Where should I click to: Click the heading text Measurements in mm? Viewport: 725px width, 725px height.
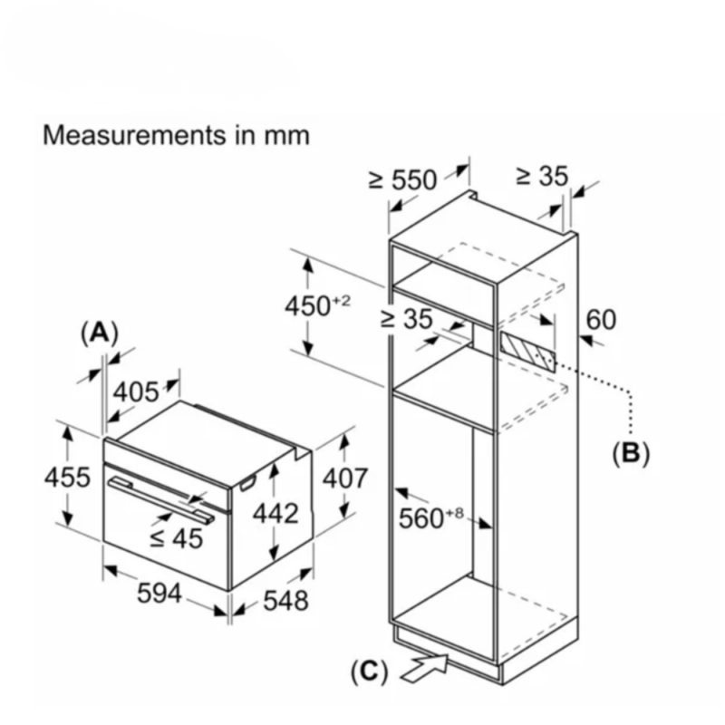[x=177, y=135]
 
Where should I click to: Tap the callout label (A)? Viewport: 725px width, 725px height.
[x=99, y=333]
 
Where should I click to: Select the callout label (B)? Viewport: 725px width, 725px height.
[x=631, y=452]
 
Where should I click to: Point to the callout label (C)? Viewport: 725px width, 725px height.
[x=368, y=672]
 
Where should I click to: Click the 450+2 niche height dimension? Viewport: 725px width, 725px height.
[x=317, y=305]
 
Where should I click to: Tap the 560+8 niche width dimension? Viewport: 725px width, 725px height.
[x=431, y=518]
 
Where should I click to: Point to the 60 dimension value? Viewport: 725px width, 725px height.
[x=601, y=319]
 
